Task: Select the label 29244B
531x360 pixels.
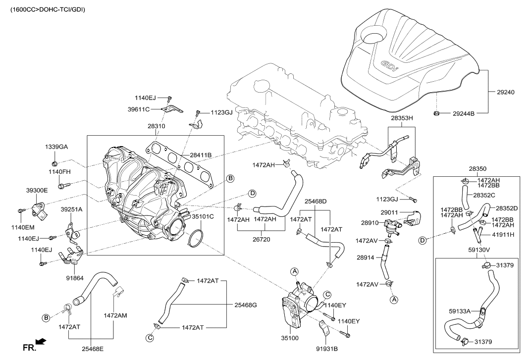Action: tap(464, 114)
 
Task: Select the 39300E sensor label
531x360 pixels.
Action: tap(37, 190)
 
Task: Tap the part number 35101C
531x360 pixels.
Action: tap(203, 216)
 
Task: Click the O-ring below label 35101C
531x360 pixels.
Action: tap(196, 238)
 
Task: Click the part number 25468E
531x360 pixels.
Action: tap(93, 349)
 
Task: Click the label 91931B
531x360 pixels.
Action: tap(326, 349)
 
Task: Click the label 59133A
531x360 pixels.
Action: tap(460, 311)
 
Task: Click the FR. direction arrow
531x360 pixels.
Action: tap(42, 341)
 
